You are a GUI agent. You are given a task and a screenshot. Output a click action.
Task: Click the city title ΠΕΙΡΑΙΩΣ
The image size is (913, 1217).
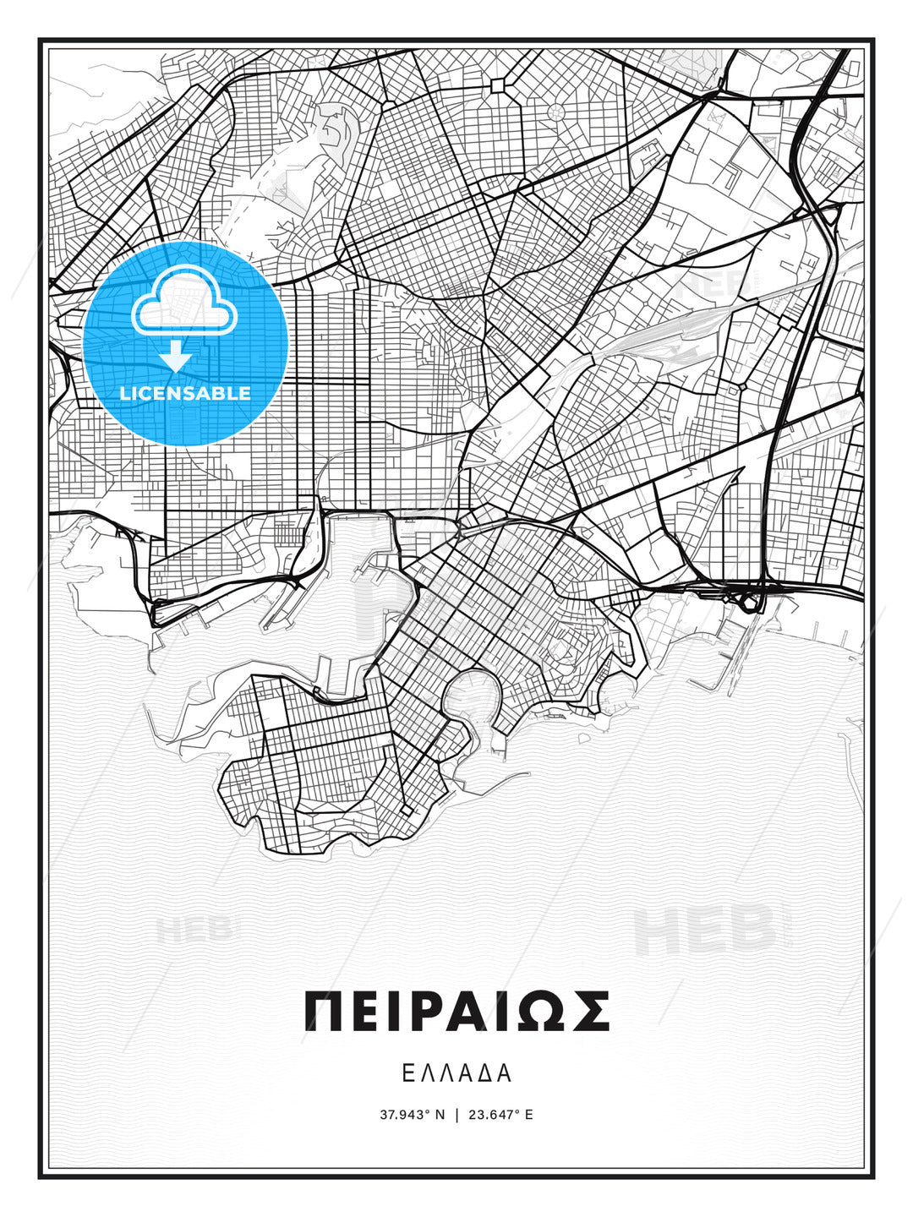[456, 1012]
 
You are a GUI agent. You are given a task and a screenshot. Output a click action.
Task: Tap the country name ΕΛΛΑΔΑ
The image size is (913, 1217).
[456, 1073]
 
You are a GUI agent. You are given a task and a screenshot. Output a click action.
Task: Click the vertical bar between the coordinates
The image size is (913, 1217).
[456, 1115]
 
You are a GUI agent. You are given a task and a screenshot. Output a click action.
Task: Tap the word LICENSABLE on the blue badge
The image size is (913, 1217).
[185, 393]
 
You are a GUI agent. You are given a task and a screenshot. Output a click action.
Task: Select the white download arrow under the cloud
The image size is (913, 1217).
[176, 357]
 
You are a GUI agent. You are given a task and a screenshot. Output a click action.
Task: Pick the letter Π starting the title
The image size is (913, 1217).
[323, 1012]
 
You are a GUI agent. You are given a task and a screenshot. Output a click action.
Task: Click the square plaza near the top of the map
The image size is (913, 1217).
[497, 85]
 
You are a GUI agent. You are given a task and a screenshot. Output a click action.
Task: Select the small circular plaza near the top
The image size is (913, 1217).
[556, 111]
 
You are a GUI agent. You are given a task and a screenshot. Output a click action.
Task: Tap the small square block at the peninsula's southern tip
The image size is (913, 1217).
[406, 810]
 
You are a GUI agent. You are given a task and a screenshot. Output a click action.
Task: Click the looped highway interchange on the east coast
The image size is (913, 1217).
[747, 601]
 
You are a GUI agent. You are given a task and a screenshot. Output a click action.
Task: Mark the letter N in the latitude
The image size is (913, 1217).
[440, 1115]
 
